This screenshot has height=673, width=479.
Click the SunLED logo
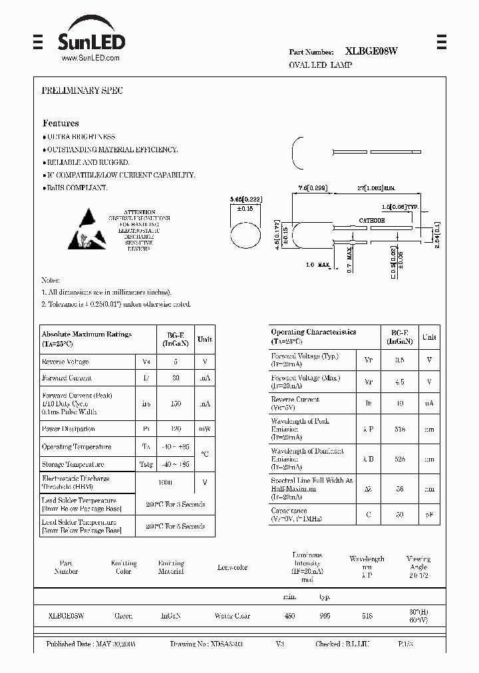[90, 39]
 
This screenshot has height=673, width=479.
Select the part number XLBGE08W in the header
[372, 51]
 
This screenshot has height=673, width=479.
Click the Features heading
[61, 123]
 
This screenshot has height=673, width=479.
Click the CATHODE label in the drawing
[372, 220]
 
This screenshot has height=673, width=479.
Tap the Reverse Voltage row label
[65, 362]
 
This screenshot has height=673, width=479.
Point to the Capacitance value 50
[399, 515]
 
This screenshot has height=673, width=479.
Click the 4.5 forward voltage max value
[399, 382]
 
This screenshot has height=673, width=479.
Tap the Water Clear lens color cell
[232, 616]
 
